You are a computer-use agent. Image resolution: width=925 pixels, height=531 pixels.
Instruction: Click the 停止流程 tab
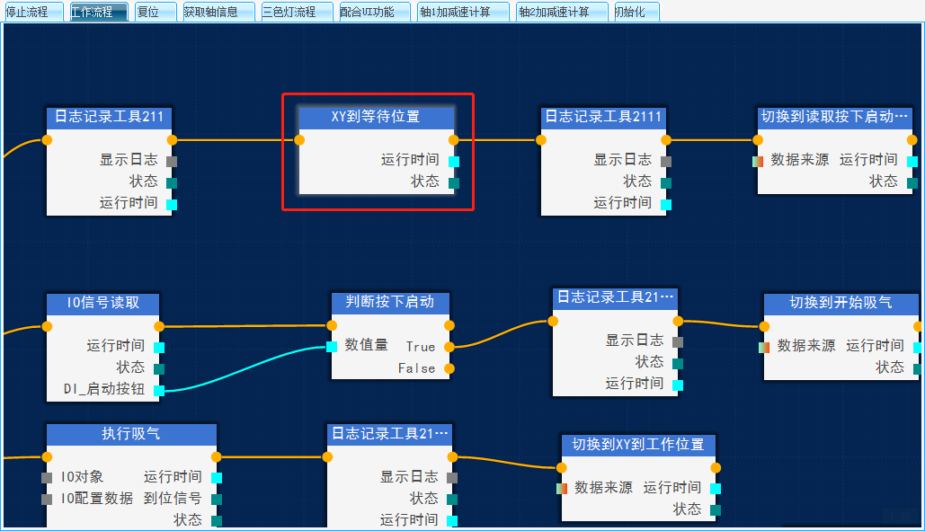click(32, 12)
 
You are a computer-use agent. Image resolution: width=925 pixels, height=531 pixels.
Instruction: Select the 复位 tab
click(155, 12)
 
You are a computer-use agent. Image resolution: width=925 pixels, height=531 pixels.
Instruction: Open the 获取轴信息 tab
click(218, 12)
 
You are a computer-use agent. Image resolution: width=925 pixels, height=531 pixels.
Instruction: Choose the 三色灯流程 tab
click(296, 12)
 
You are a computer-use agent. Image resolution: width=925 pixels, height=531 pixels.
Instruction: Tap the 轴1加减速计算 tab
click(463, 12)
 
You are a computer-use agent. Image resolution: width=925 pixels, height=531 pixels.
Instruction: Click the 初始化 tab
click(636, 12)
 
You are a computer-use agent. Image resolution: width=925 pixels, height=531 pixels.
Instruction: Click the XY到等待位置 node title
click(376, 117)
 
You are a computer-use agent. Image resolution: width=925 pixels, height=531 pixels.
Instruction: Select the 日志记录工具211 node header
click(109, 117)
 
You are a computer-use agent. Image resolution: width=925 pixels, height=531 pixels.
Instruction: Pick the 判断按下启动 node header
click(389, 302)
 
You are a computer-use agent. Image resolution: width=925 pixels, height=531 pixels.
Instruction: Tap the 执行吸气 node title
click(131, 434)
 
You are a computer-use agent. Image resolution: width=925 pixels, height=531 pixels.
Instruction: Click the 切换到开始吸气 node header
click(841, 303)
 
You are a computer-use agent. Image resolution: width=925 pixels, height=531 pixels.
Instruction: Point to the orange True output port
click(449, 347)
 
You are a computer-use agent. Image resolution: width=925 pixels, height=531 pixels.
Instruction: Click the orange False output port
click(449, 368)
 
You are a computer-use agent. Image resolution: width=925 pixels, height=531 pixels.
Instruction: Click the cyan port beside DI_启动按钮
click(159, 390)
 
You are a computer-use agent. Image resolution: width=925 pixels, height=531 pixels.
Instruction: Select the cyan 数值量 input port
click(332, 346)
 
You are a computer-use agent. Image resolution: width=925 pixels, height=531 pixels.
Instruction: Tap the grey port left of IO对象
click(47, 477)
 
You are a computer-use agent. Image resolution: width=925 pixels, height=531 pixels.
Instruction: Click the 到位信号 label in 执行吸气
click(173, 499)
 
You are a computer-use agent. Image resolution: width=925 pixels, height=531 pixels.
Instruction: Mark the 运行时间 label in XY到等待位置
click(410, 160)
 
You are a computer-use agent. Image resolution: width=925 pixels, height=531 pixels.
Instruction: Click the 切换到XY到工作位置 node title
click(638, 445)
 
